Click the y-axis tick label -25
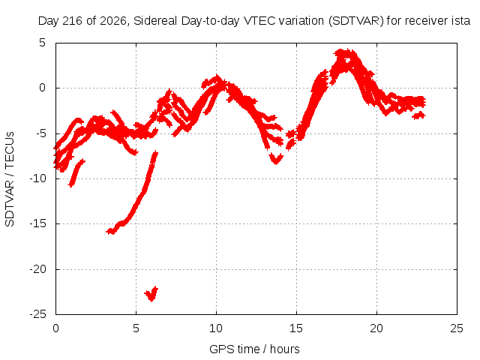pos(38,314)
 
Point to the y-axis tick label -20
pos(38,269)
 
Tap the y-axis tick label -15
pos(38,223)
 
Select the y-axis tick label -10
pos(38,178)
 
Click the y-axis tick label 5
pos(42,43)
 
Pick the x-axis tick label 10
pos(216,328)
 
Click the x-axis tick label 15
pos(296,328)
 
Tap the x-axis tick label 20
pos(376,328)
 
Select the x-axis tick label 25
pos(457,328)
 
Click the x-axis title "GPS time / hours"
pos(254,349)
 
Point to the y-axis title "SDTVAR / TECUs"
pos(10,179)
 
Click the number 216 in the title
pos(73,21)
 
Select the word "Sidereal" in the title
pos(155,21)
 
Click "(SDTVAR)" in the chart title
pos(356,21)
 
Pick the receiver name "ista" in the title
pos(461,21)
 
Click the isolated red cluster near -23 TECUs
pos(151,294)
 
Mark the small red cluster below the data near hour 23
pos(418,115)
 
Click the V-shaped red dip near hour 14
pos(276,159)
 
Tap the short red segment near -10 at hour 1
pos(76,172)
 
